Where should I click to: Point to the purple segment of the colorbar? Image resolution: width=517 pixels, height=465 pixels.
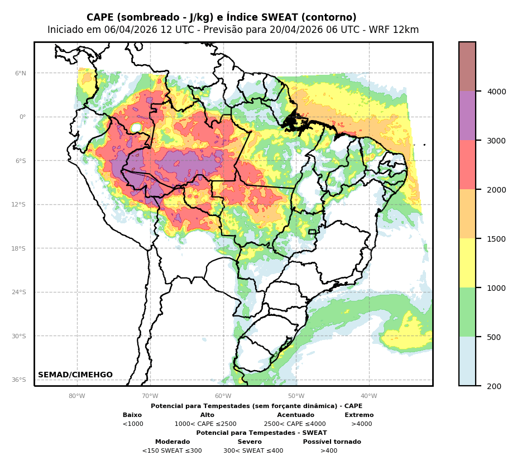point(467,116)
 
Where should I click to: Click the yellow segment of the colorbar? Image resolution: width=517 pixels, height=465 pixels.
point(467,263)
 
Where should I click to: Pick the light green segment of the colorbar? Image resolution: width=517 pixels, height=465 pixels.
point(467,312)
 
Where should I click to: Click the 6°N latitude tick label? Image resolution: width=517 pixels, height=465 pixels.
point(20,73)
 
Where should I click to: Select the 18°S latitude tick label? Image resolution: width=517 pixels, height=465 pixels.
point(19,248)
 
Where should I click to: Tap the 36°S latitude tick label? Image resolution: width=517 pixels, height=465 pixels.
point(19,380)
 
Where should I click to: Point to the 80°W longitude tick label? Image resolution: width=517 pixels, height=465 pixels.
point(77,396)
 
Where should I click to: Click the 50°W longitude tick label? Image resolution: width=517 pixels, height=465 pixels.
point(296,396)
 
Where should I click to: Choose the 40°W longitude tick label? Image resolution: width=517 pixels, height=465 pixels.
point(369,396)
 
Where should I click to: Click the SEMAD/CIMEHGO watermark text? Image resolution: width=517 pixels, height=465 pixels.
point(75,375)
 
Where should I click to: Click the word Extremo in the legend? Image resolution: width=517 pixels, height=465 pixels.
point(359,415)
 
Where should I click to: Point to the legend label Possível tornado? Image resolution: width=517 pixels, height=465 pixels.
point(332,442)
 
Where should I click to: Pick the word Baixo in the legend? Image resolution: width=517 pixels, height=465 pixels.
point(132,415)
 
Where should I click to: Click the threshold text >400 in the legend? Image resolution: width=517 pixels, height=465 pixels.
point(329,451)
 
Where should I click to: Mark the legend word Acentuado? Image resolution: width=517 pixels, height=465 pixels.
point(295,415)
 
